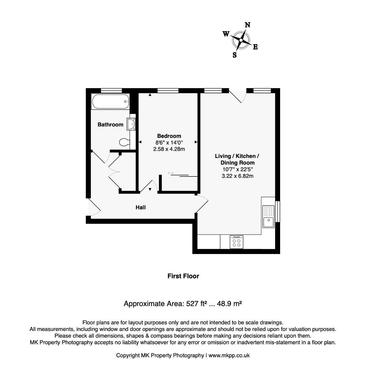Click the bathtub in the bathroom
(x=110, y=102)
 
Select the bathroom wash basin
(x=131, y=124)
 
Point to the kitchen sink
(x=269, y=216)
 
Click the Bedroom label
(x=169, y=136)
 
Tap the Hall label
(x=140, y=207)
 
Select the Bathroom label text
(x=110, y=125)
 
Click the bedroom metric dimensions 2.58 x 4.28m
(x=169, y=149)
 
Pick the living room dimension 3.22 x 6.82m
(x=238, y=176)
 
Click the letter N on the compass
(x=248, y=25)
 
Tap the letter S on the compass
(x=235, y=55)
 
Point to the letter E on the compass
(x=255, y=47)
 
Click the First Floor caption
(x=183, y=276)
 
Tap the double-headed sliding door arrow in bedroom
(x=171, y=173)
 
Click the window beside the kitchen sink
(x=277, y=212)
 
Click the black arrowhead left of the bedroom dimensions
(x=140, y=142)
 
